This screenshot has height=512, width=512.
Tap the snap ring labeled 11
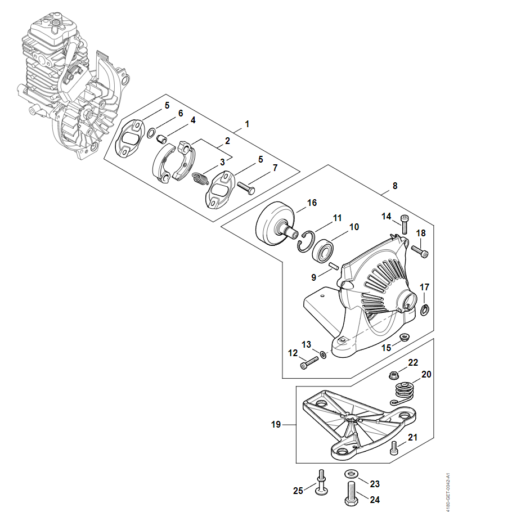(x=306, y=241)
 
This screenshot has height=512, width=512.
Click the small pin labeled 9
(x=333, y=266)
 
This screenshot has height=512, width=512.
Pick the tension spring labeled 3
(x=200, y=178)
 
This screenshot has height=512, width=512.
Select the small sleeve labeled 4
(x=161, y=140)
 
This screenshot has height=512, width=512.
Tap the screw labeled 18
(x=420, y=251)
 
